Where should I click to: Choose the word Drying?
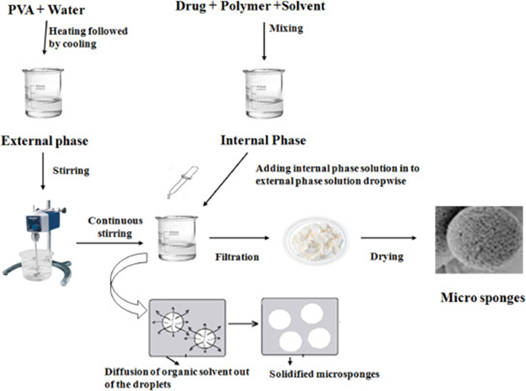coord(385,257)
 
